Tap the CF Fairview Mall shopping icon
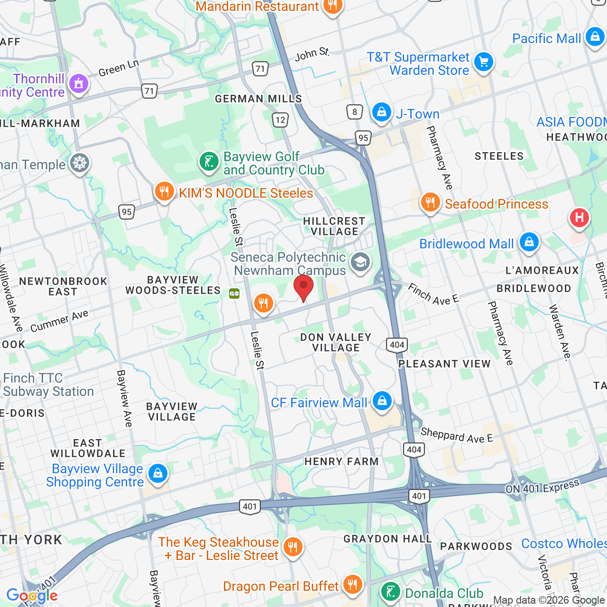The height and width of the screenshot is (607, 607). (382, 401)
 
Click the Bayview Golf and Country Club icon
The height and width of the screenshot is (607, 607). (209, 162)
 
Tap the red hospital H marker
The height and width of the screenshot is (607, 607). (579, 218)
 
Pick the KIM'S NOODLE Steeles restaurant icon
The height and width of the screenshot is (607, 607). (164, 192)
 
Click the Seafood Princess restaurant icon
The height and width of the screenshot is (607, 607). (430, 202)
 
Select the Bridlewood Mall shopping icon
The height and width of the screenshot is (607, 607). (529, 242)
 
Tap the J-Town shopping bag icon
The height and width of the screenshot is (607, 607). (381, 112)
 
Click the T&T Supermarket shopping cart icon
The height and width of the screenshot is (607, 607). (484, 62)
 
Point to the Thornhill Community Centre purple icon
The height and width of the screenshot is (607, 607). (79, 84)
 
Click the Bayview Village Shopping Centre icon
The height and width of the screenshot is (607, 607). (158, 473)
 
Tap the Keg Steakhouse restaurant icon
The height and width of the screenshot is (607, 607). (293, 547)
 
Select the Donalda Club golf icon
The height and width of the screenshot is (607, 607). (390, 592)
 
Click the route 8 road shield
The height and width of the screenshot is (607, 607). (355, 112)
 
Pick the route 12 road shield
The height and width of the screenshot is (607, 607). (280, 120)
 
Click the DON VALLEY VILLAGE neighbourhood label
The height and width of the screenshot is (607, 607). (336, 342)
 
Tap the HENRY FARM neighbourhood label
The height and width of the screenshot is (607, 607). (341, 461)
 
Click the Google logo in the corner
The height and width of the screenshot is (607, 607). (32, 596)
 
